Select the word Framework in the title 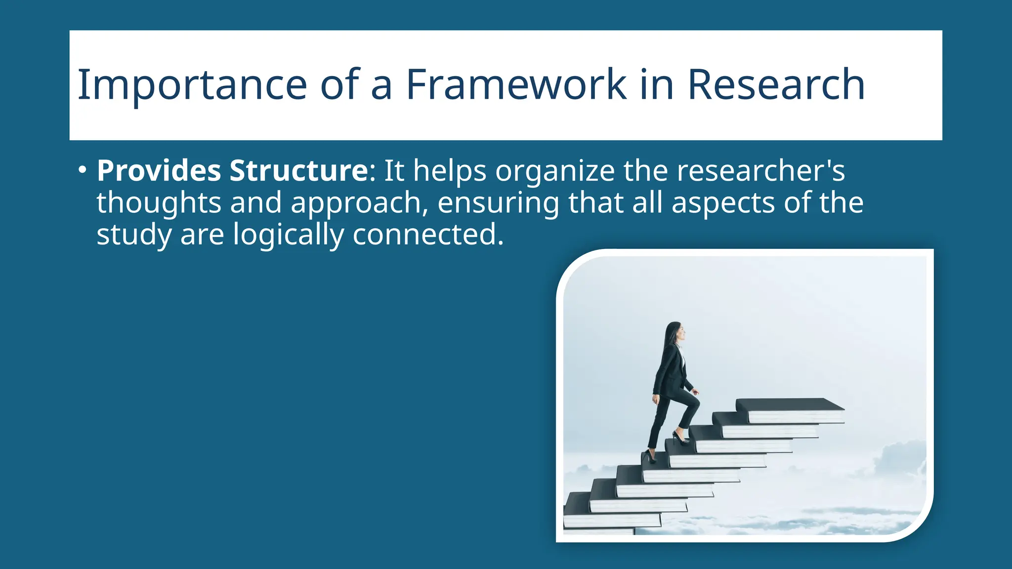coord(516,85)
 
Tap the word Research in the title coord(776,85)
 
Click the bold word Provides coord(159,171)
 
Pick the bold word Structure coord(298,171)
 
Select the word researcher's coord(760,171)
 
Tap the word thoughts coord(159,203)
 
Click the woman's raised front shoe coord(681,438)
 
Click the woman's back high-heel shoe coord(650,457)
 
